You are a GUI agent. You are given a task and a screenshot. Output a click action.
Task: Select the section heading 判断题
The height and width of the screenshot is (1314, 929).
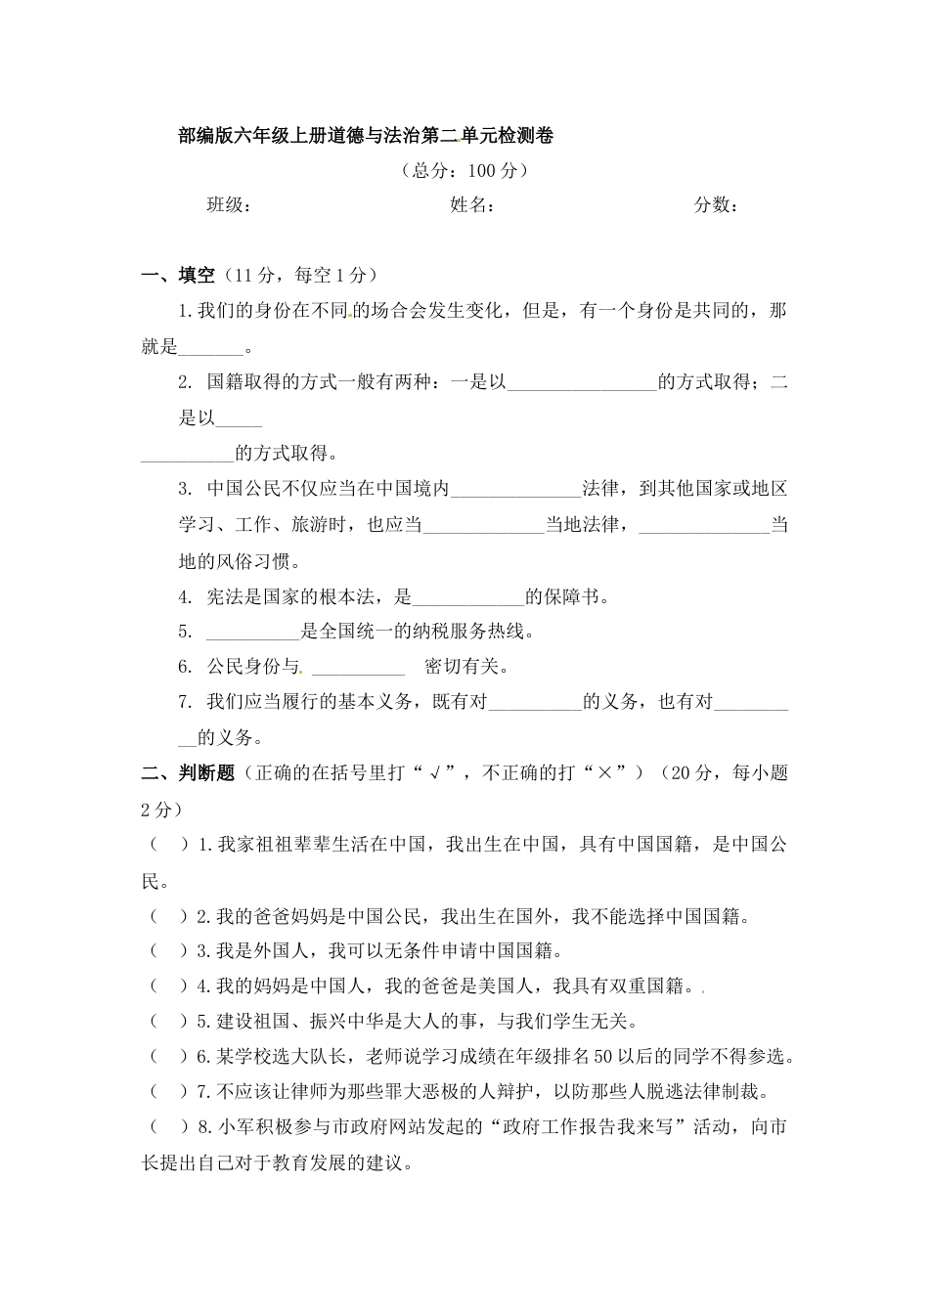point(206,773)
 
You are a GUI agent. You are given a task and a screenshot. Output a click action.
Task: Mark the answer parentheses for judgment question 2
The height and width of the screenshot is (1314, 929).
point(168,917)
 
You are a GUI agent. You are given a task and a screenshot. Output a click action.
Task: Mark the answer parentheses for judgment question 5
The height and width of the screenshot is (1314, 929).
point(168,1022)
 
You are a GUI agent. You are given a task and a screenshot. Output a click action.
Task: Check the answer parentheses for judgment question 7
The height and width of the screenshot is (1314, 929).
point(168,1092)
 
